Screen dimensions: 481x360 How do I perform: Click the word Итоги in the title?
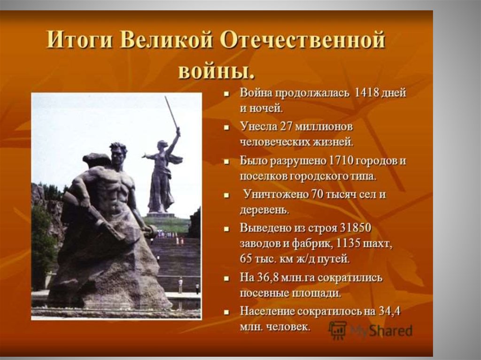point(79,40)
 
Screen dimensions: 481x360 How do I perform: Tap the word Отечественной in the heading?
point(303,40)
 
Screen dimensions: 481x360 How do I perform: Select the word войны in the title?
point(216,72)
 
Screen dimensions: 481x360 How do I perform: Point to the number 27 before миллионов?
point(286,126)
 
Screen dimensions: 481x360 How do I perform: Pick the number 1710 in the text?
point(340,161)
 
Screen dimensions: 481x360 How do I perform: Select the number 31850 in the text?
point(356,228)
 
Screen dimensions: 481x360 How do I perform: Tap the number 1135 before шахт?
point(349,244)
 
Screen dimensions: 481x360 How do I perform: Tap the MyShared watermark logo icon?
point(338,330)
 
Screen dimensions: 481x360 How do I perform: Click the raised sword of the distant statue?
point(171,113)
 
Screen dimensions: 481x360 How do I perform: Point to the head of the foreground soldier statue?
point(118,152)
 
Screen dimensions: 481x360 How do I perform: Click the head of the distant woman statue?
point(162,145)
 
